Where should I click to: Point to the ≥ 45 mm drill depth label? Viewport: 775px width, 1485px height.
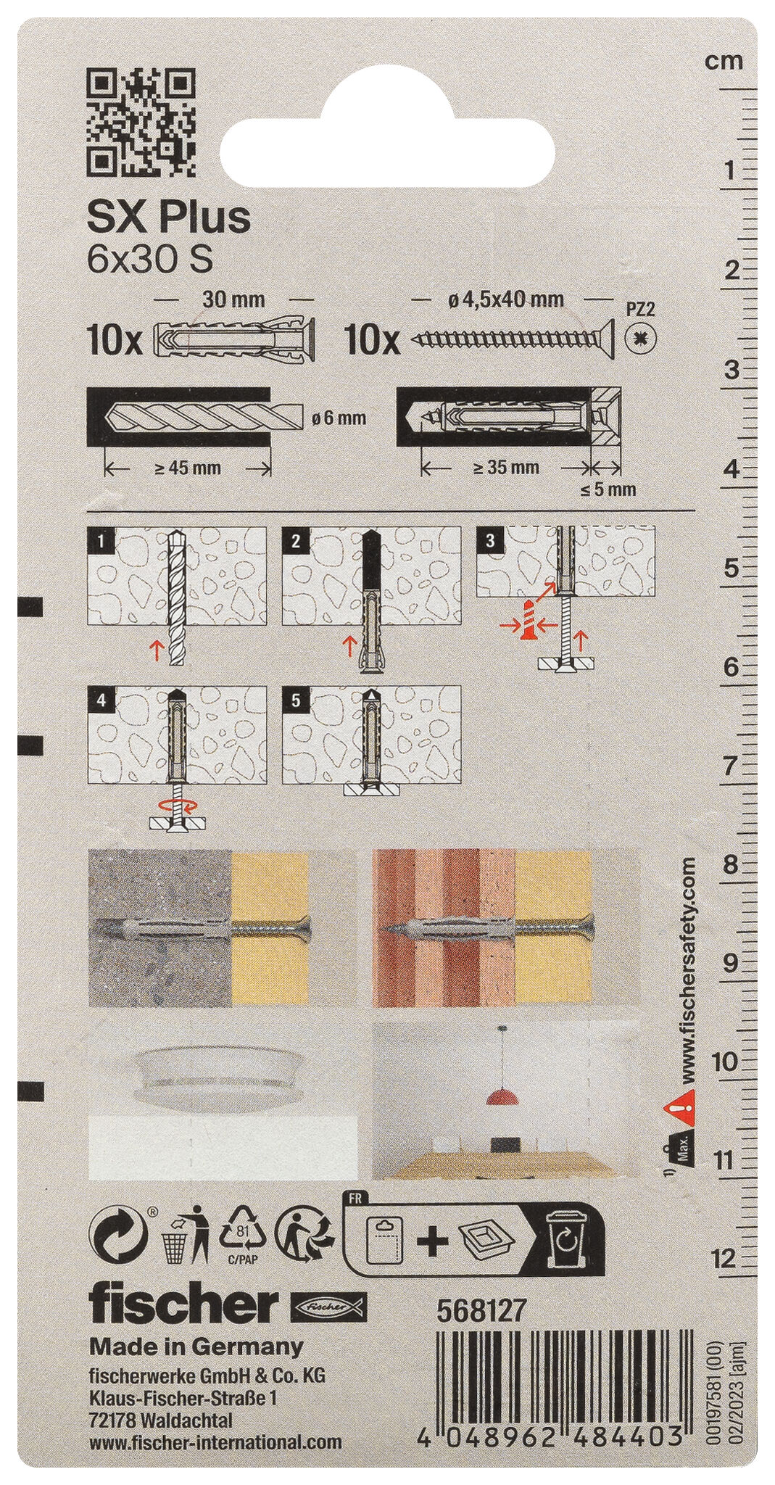tap(187, 468)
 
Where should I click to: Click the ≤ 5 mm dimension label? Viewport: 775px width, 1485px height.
tap(608, 489)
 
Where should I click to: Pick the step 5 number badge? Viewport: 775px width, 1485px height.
tap(297, 700)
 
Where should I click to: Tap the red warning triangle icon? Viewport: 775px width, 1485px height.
tap(678, 1106)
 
